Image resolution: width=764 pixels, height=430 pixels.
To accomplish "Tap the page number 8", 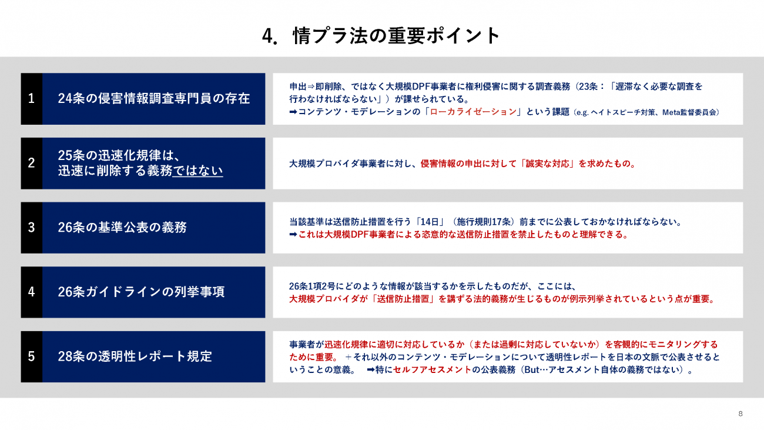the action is [x=740, y=414].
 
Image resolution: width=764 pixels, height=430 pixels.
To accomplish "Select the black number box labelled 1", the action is [x=31, y=99].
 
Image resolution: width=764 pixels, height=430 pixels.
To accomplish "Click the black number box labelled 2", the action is [x=31, y=163].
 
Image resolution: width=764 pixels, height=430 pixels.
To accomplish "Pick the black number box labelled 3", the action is [x=31, y=228].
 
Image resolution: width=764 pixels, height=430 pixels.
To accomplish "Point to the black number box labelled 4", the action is [x=31, y=292].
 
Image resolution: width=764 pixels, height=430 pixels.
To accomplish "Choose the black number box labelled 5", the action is [x=31, y=356].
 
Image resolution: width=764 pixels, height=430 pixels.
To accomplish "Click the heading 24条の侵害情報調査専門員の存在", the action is [x=154, y=98].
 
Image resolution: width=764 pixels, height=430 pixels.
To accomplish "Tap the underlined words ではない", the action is [x=198, y=171].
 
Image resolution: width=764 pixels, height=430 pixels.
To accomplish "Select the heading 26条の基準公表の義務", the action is [x=122, y=227].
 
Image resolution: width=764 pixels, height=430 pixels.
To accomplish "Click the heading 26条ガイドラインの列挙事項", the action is [x=141, y=292].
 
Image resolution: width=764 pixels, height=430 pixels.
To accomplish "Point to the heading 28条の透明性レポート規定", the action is [x=135, y=356].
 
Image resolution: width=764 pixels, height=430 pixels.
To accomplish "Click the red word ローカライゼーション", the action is [x=473, y=112].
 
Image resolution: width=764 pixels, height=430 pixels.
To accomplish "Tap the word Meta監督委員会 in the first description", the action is [x=689, y=112].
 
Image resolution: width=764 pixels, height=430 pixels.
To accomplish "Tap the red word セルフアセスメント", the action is [x=432, y=370].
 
